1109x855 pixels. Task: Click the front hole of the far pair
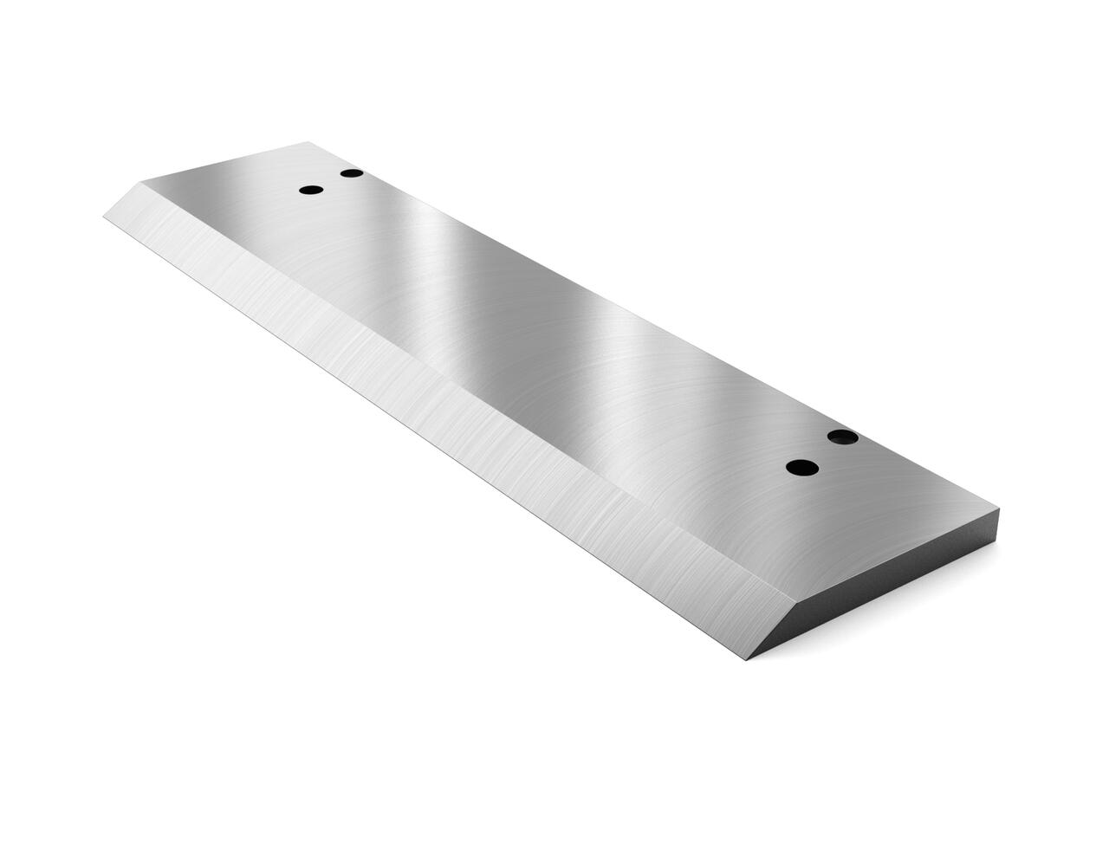coord(310,190)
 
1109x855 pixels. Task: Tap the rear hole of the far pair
coord(351,173)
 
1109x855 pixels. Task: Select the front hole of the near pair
coord(802,468)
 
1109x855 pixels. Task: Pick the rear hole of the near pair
coord(842,437)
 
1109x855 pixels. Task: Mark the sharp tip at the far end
coord(105,217)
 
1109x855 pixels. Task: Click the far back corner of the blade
coord(309,142)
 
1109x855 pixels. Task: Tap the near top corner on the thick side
coord(1001,508)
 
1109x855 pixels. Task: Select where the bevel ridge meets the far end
coord(141,183)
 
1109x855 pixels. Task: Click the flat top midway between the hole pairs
coord(563,321)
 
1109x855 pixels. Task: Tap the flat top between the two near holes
coord(822,453)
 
